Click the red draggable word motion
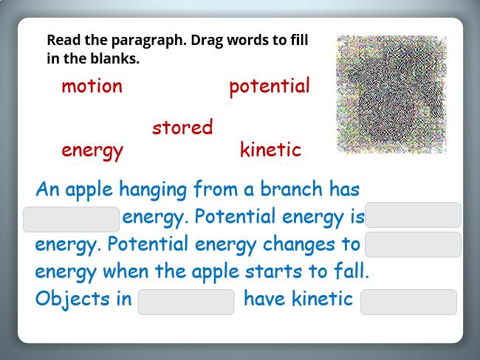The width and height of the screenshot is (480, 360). [x=92, y=86]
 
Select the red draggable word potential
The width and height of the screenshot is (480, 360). [x=270, y=87]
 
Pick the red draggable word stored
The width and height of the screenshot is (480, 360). [x=182, y=127]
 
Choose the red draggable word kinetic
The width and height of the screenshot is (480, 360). [x=270, y=150]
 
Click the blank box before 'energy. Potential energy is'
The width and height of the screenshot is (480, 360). [x=72, y=219]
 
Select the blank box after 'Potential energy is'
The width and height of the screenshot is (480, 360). [x=413, y=215]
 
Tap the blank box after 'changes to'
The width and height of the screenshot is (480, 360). [x=413, y=244]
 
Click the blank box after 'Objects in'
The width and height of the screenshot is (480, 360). [x=186, y=302]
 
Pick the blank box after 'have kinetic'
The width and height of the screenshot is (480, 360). [x=408, y=302]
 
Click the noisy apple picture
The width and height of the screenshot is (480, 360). [x=391, y=94]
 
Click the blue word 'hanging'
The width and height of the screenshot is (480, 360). [x=153, y=190]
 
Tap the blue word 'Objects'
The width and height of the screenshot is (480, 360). [x=72, y=300]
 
